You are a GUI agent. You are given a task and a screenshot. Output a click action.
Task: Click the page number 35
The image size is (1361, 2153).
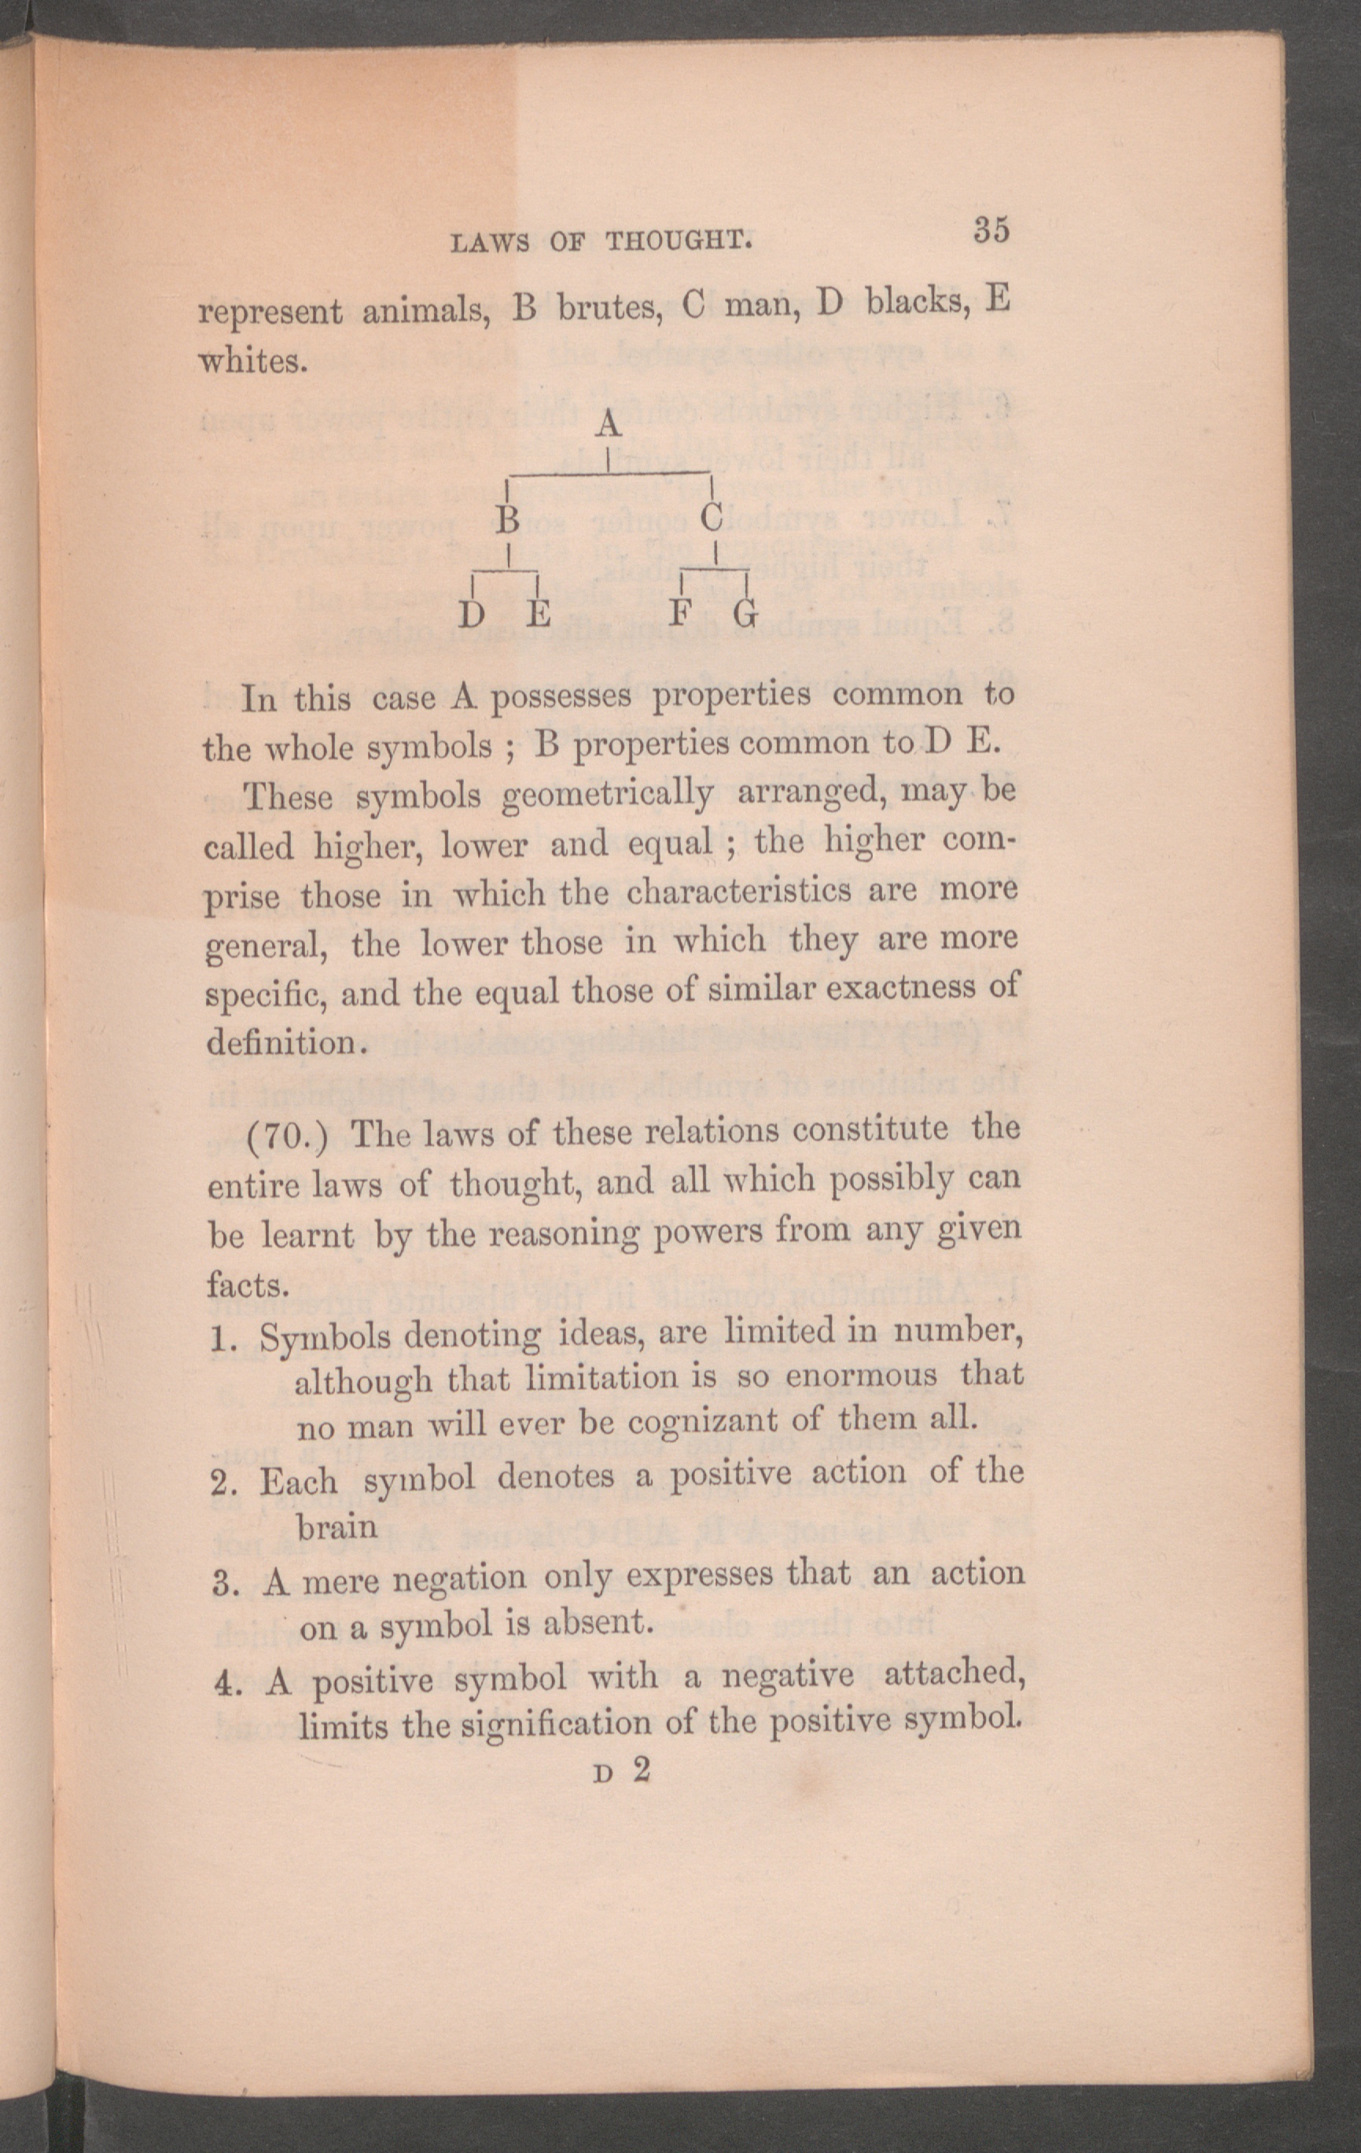(x=991, y=230)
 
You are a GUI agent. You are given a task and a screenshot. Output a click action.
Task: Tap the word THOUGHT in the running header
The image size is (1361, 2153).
(x=678, y=241)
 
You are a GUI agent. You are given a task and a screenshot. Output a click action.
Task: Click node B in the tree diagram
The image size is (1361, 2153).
(x=508, y=518)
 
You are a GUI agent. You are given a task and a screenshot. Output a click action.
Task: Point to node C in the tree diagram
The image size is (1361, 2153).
(x=712, y=516)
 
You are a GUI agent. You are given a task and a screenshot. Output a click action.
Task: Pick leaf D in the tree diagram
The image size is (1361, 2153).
(x=473, y=615)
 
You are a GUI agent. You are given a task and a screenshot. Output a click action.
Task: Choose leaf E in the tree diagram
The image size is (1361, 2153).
(x=539, y=615)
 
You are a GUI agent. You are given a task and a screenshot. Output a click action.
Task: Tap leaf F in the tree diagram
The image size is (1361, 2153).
(x=682, y=614)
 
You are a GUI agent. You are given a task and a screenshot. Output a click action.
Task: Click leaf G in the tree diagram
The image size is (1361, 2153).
(x=746, y=614)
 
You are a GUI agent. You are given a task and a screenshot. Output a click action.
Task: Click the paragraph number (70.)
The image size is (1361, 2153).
(x=288, y=1137)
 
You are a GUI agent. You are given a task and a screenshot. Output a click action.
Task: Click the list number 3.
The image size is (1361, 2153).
(x=223, y=1585)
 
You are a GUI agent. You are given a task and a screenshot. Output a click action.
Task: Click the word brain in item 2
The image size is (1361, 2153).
(x=337, y=1527)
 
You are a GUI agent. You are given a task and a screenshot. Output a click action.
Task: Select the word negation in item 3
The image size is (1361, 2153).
(x=460, y=1578)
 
